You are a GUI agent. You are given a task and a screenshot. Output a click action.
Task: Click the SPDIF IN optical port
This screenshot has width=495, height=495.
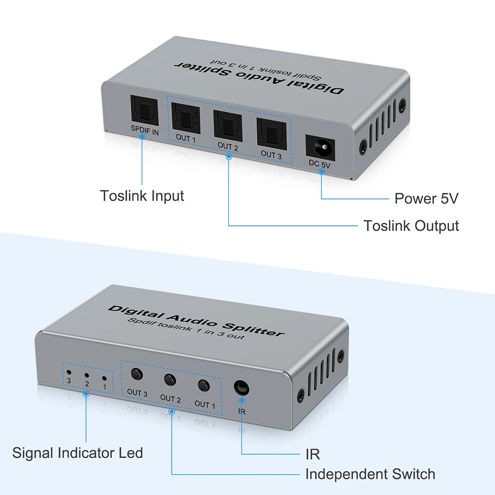pos(144,110)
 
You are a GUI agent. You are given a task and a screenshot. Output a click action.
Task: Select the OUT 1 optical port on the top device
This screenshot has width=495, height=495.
pos(186,119)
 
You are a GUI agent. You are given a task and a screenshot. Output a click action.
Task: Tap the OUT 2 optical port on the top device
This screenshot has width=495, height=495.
pos(227,126)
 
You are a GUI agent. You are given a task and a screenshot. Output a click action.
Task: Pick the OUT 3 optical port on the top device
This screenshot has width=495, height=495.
pos(272,134)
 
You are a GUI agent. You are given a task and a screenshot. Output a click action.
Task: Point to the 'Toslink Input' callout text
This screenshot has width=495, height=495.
pos(142,196)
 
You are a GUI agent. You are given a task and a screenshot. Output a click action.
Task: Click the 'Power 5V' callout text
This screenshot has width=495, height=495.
pos(426,199)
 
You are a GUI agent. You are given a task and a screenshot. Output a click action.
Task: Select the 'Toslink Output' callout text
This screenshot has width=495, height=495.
pos(411,226)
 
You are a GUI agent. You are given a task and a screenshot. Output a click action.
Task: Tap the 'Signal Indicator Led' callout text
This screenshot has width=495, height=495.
pos(78,453)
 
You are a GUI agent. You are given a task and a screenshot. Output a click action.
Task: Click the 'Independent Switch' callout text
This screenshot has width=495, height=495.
pos(370,474)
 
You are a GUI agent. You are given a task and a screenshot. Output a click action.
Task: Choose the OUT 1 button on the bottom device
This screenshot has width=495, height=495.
pos(204,386)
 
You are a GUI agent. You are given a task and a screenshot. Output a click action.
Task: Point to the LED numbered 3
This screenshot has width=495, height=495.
pos(69,372)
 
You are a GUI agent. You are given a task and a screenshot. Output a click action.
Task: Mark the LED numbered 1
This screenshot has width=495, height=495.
pos(104,378)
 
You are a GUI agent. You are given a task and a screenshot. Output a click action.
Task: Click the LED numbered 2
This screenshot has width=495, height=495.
pos(87,375)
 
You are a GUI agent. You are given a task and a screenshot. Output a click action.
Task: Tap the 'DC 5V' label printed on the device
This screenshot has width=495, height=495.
pos(320,164)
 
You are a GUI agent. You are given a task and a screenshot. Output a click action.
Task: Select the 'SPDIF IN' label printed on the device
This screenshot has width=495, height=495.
pos(144,130)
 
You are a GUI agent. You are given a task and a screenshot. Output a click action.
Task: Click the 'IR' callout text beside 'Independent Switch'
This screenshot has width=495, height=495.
pos(312,454)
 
